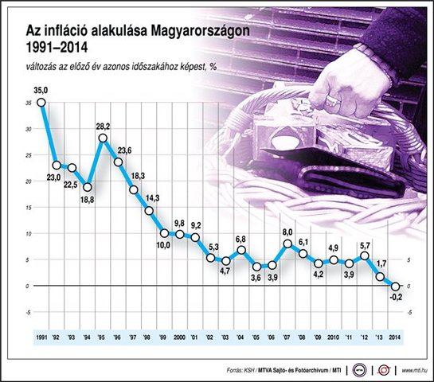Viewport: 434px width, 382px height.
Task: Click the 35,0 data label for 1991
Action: pyautogui.click(x=41, y=92)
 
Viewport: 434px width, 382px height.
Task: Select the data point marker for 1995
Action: pyautogui.click(x=103, y=138)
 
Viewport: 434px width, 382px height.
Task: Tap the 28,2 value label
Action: pyautogui.click(x=103, y=127)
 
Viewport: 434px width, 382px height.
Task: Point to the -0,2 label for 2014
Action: pyautogui.click(x=396, y=299)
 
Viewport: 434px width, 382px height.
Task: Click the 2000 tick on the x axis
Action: pyautogui.click(x=180, y=338)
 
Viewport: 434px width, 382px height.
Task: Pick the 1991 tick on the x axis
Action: pyautogui.click(x=41, y=338)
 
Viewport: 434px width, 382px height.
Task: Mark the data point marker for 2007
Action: pyautogui.click(x=287, y=244)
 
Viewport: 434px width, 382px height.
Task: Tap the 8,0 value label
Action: pyautogui.click(x=287, y=232)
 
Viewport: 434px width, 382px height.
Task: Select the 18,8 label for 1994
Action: pyautogui.click(x=87, y=201)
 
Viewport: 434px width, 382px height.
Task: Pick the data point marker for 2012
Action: pyautogui.click(x=365, y=255)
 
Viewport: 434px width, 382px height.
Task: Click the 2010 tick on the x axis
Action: pyautogui.click(x=334, y=338)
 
